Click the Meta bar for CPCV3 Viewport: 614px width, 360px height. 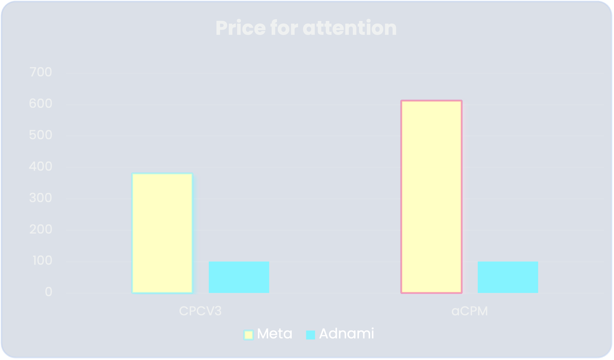162,233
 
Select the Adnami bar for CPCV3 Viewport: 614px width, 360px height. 239,277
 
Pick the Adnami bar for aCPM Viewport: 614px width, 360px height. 508,277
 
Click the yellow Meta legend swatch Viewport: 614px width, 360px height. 248,335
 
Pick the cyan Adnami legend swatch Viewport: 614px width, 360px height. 311,335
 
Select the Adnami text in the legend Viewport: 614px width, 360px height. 346,333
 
